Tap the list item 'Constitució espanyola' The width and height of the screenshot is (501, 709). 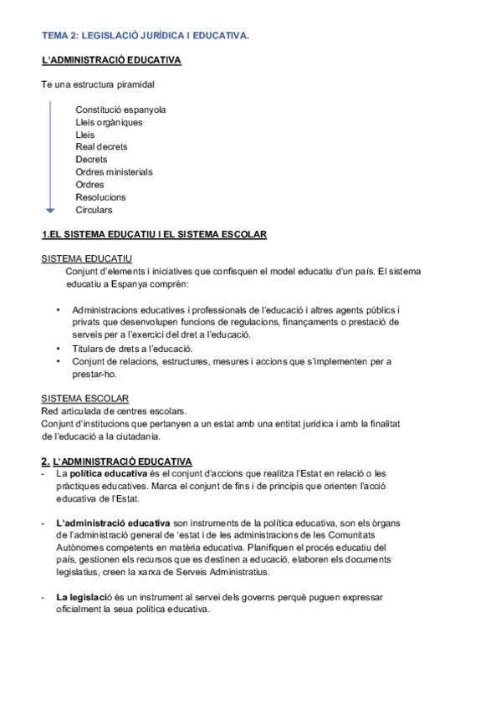(120, 110)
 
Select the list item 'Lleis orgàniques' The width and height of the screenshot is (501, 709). (109, 122)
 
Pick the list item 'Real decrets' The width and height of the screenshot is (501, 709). (101, 147)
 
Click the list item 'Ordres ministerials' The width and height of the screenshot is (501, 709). (114, 172)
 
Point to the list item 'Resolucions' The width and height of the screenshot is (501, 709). (100, 197)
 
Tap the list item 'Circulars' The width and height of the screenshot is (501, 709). (94, 210)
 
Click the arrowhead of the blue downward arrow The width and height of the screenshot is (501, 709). (50, 209)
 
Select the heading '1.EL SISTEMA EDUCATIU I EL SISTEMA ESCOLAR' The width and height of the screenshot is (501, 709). (154, 235)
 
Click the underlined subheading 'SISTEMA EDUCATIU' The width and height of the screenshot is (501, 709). (86, 259)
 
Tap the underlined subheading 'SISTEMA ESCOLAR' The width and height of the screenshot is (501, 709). (84, 398)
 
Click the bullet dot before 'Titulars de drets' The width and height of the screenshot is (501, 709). (59, 348)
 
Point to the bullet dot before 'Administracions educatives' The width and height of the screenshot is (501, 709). (59, 309)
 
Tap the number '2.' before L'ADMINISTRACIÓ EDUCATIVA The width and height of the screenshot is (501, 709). (46, 462)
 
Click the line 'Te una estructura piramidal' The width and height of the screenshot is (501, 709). (98, 85)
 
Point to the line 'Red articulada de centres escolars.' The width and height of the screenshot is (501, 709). (114, 411)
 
